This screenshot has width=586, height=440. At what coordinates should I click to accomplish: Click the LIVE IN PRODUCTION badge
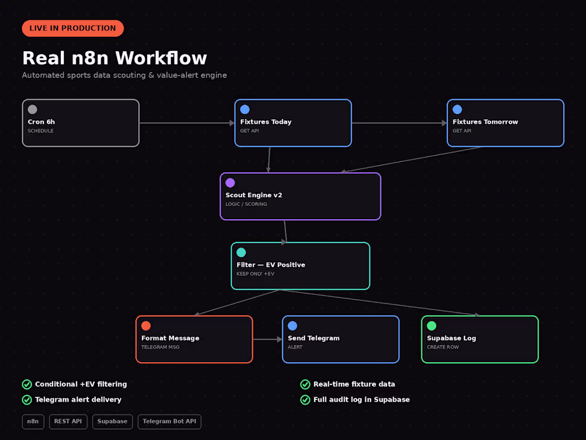pos(73,28)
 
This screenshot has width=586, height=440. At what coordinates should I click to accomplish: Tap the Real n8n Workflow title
pos(115,58)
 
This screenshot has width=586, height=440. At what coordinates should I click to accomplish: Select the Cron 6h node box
pos(81,123)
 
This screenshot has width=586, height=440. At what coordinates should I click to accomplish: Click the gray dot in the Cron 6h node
pos(32,109)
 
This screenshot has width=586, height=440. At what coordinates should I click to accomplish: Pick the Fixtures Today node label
pos(266,122)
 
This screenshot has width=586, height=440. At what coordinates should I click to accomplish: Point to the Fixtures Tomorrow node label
pos(485,122)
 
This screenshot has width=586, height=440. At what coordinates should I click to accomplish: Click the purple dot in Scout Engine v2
pos(230,182)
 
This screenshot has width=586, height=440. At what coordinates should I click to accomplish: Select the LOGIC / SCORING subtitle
pos(246,204)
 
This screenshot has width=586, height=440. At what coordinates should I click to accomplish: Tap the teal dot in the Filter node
pos(241,252)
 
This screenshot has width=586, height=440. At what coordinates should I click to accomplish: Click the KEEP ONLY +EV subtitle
pos(255,274)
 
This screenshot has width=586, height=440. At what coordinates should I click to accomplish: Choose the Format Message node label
pos(170,338)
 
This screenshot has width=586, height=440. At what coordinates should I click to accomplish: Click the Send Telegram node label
pos(314,338)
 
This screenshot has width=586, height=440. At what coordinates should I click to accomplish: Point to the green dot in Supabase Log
pos(432,325)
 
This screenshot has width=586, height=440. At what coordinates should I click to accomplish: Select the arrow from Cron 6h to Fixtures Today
pos(187,123)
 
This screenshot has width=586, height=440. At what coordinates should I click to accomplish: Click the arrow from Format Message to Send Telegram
pos(267,339)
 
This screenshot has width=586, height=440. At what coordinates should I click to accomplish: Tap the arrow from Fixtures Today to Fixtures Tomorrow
pos(399,123)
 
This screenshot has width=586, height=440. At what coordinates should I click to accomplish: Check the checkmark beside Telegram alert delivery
pos(27,399)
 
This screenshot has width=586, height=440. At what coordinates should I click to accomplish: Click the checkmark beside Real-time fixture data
pos(305,384)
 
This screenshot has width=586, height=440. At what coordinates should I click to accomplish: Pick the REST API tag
pos(68,422)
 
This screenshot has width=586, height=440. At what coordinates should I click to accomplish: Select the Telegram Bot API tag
pos(169,422)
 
